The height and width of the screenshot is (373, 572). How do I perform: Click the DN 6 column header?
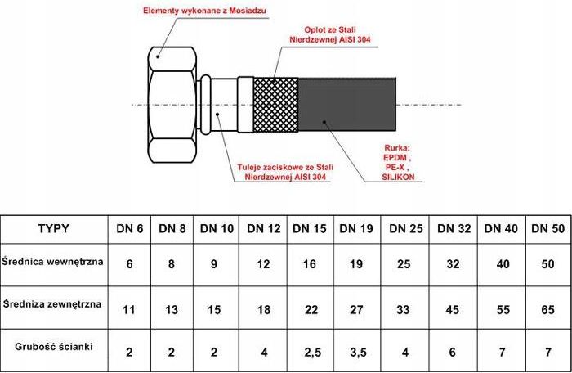pos(129,229)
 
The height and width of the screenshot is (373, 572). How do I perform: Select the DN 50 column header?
pos(548,229)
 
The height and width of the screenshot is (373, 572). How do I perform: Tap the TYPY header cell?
pos(54,229)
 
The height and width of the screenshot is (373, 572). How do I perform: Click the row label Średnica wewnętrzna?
pos(52,262)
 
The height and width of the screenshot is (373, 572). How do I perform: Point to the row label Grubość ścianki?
pos(54,346)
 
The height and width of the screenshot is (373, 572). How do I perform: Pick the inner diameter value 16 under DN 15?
pos(310,263)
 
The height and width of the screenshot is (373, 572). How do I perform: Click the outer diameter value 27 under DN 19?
pos(356,310)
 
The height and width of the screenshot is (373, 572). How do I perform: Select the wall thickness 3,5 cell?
pos(358,353)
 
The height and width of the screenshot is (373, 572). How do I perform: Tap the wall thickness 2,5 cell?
pos(313,353)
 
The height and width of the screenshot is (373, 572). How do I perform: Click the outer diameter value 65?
pos(547,310)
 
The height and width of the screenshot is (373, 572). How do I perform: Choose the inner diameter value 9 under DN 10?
pos(214,263)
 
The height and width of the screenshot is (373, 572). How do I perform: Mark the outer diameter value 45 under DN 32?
pos(454,310)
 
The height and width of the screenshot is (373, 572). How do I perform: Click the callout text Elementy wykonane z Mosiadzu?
pos(204,11)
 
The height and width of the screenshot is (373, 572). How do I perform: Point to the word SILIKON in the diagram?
pos(399,178)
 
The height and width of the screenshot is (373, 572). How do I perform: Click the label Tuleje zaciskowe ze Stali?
pos(286,168)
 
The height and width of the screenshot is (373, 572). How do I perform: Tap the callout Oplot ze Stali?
pos(330,29)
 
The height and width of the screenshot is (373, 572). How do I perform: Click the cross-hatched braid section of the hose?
pos(276,105)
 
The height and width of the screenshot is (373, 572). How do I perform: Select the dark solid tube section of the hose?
pos(347,105)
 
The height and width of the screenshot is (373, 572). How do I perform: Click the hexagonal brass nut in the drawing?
pos(172,105)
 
